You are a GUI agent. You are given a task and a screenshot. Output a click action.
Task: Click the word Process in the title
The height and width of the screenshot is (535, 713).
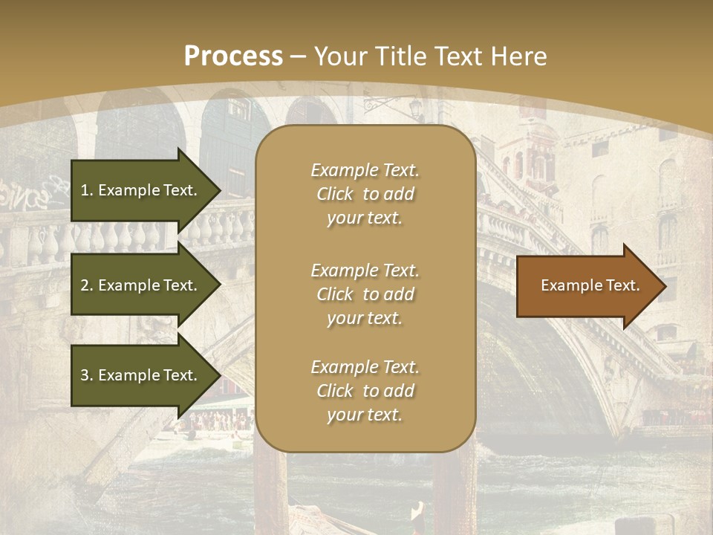pos(233,56)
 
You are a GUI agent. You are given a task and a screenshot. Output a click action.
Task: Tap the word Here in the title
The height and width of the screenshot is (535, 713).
pos(519,56)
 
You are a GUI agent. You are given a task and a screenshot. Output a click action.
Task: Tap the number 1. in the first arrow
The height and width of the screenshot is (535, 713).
pos(87,190)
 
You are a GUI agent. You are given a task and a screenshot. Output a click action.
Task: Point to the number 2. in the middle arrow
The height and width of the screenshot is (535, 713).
pos(87,285)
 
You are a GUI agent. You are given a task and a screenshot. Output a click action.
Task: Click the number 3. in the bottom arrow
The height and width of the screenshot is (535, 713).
pos(87,375)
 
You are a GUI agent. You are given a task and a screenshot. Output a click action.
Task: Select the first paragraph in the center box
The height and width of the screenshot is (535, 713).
pos(365,194)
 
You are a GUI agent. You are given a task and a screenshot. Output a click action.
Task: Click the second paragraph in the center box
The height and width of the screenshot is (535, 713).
pos(365,294)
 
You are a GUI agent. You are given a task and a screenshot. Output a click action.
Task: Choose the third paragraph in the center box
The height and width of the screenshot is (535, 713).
pos(365,391)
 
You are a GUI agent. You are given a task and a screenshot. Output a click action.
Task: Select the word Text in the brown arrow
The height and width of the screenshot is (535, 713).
pos(622,285)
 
